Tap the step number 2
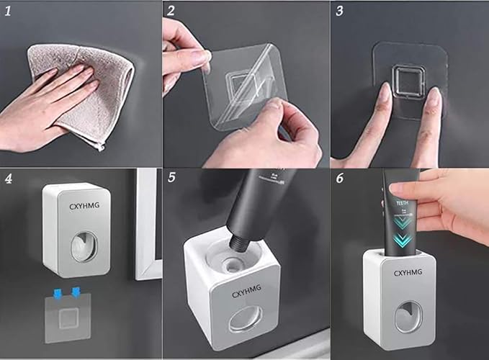pos(171,12)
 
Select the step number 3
pos(339,12)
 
